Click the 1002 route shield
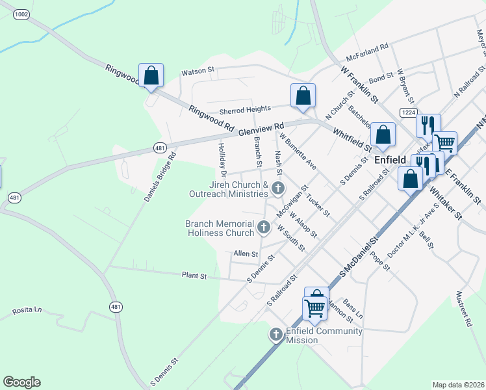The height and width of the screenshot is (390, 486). click(21, 14)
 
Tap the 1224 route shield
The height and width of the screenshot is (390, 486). click(407, 113)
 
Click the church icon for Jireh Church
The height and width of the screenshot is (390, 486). click(277, 189)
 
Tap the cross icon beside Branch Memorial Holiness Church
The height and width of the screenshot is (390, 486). click(263, 227)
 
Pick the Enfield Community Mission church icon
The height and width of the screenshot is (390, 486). click(275, 335)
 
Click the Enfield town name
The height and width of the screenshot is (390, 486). click(390, 159)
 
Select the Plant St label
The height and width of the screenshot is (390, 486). click(194, 276)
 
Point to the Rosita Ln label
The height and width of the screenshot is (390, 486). click(27, 311)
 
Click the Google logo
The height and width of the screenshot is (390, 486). click(21, 382)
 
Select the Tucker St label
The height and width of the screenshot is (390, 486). click(318, 205)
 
